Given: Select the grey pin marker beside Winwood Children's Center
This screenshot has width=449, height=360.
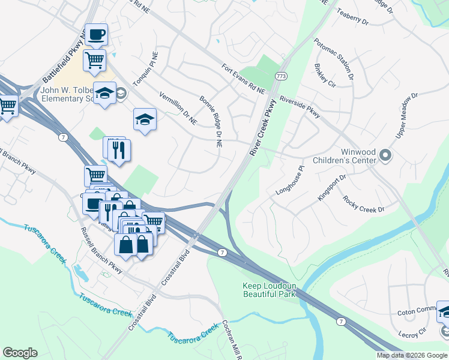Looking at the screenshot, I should tap(385, 156).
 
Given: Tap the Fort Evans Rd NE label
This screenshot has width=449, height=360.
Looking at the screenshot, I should tap(243, 79).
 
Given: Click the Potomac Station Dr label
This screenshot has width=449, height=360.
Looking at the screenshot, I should tap(333, 59).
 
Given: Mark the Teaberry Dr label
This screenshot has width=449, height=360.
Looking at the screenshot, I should tap(352, 16).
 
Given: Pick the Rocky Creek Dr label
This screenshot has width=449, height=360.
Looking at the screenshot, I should tap(363, 204).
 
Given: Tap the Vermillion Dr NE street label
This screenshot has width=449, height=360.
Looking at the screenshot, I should tap(178, 108).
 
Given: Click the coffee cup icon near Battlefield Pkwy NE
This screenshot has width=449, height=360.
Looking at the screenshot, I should tap(95, 34).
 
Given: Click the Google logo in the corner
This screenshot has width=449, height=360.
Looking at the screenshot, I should tap(20, 352).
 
